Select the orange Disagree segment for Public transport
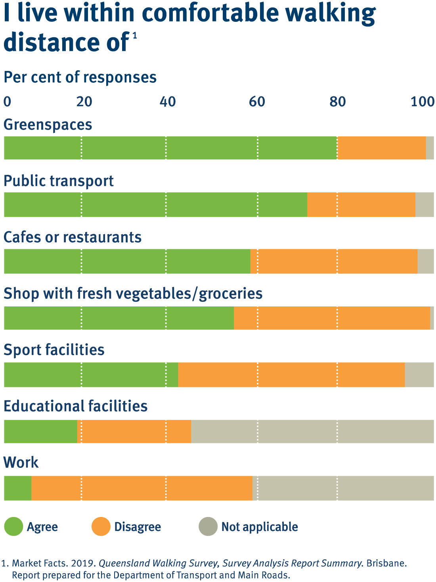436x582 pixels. [361, 205]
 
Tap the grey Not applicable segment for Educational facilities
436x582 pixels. [312, 432]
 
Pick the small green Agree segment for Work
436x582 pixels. [18, 488]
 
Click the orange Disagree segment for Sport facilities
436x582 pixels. [291, 375]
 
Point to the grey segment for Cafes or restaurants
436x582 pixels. [426, 262]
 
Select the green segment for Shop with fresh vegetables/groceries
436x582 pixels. [119, 318]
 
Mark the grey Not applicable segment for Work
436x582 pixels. [343, 488]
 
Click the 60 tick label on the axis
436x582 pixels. [257, 102]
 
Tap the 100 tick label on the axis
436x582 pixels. [423, 102]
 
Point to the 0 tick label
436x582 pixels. [8, 102]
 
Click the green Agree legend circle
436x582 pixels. [14, 527]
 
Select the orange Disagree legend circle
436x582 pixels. [101, 527]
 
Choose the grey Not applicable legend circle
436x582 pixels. [208, 527]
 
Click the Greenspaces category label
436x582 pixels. [48, 125]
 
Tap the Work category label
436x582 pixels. [21, 463]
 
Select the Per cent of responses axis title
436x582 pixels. [80, 77]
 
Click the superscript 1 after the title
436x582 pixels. [135, 36]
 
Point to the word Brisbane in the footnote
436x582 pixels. [386, 563]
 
